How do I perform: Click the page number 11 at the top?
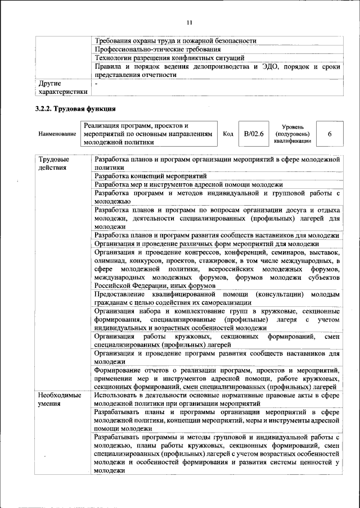188,22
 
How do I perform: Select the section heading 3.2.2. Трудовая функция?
75,108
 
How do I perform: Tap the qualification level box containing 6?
329,134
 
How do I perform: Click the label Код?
228,134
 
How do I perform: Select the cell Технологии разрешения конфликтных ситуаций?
169,58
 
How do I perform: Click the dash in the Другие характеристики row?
97,84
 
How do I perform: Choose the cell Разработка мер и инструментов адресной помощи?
188,184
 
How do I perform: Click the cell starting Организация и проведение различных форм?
206,244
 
